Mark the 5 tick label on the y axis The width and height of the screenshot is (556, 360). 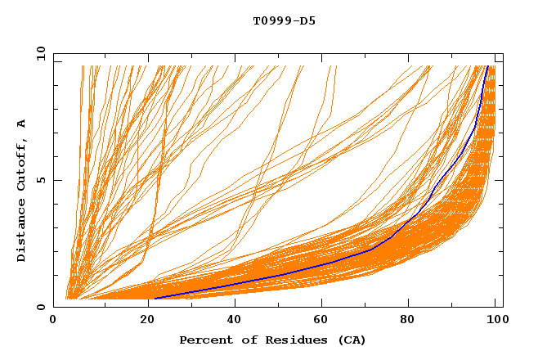tap(40, 180)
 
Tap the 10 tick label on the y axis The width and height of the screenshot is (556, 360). tap(37, 53)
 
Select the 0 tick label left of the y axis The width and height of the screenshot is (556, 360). tap(40, 307)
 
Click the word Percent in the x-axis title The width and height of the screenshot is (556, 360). tap(203, 340)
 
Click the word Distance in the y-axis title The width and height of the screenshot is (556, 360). tap(22, 232)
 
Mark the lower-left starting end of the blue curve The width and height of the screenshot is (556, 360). tap(155, 299)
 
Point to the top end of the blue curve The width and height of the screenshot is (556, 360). tap(487, 66)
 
